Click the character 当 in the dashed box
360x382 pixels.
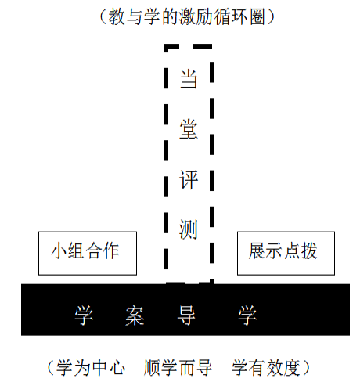[x=189, y=79]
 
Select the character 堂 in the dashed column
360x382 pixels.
[x=189, y=129]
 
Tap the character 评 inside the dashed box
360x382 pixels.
[x=189, y=179]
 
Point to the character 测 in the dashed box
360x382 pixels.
[x=188, y=229]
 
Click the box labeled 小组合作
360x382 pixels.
[x=88, y=253]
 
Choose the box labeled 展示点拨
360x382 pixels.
[x=286, y=253]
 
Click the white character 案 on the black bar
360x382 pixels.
[x=135, y=315]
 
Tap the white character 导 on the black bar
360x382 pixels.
[x=186, y=315]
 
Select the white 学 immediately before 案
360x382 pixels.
[x=84, y=315]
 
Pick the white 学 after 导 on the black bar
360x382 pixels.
[x=247, y=315]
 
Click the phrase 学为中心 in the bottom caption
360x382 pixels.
[x=91, y=367]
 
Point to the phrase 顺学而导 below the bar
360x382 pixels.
[x=178, y=367]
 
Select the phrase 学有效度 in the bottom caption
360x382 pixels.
[x=266, y=367]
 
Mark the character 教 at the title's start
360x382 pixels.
[x=117, y=16]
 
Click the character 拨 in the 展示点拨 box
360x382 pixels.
[x=309, y=250]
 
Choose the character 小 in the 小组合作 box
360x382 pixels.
[x=59, y=250]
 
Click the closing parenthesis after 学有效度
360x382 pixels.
[x=306, y=367]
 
